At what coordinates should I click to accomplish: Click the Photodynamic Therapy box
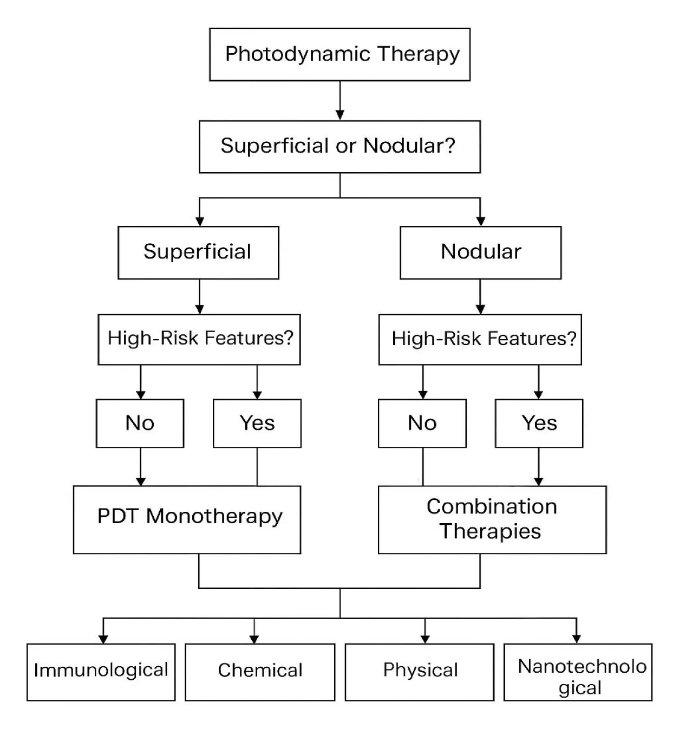[x=339, y=55]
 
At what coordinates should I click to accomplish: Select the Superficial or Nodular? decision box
[x=339, y=147]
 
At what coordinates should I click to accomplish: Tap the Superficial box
[x=198, y=252]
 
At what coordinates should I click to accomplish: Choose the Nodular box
[x=480, y=252]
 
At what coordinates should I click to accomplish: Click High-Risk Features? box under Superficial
[x=199, y=339]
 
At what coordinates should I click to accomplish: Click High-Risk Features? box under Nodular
[x=480, y=339]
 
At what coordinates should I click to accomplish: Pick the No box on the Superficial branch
[x=140, y=423]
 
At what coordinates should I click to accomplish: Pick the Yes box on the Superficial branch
[x=257, y=423]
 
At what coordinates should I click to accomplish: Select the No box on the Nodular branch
[x=422, y=423]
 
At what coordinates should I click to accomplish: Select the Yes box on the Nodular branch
[x=539, y=423]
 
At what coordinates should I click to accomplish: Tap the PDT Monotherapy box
[x=187, y=519]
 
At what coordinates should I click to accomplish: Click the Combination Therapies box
[x=492, y=519]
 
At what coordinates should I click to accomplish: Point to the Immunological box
[x=101, y=672]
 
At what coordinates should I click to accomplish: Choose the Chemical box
[x=260, y=672]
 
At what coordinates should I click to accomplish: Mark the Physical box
[x=420, y=672]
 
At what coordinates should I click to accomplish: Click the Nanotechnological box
[x=578, y=672]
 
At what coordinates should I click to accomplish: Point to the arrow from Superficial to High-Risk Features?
[x=199, y=297]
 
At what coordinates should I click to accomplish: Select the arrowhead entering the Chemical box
[x=254, y=639]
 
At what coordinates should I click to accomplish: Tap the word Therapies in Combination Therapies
[x=490, y=531]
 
